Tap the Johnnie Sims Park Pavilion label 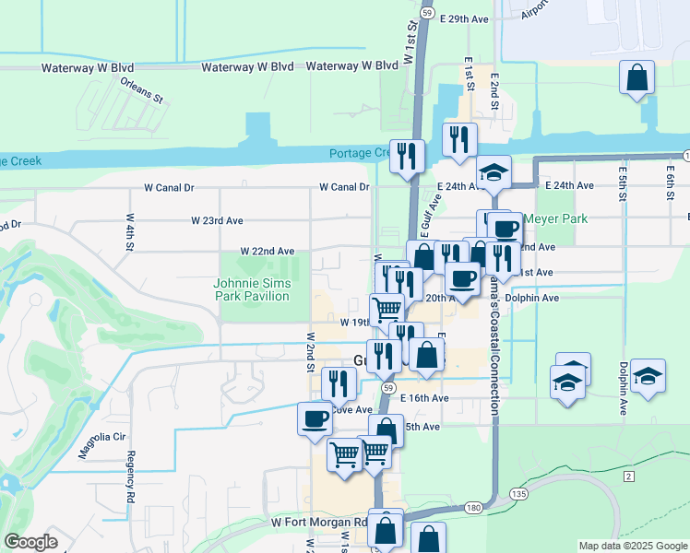pyautogui.click(x=253, y=289)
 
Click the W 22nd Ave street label pyautogui.click(x=268, y=251)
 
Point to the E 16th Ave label pyautogui.click(x=425, y=398)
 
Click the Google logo pyautogui.click(x=30, y=542)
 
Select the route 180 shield pyautogui.click(x=472, y=508)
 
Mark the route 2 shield pyautogui.click(x=629, y=476)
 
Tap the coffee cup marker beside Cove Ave pyautogui.click(x=315, y=418)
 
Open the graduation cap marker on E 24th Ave pyautogui.click(x=494, y=173)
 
